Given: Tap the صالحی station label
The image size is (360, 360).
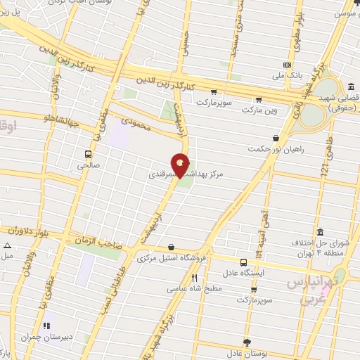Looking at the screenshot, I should (88, 167).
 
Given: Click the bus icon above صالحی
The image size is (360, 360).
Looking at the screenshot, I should (88, 155).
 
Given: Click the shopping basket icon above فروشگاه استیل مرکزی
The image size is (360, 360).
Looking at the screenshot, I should (172, 247).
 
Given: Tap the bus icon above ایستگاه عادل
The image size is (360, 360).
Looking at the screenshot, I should (243, 260).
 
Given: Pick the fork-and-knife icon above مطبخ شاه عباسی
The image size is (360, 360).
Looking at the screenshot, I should (194, 277).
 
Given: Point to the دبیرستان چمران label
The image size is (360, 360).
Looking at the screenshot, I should (46, 337).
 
